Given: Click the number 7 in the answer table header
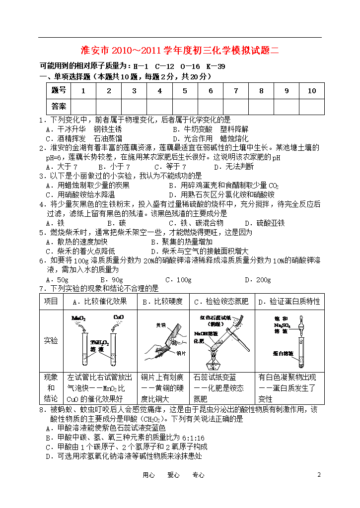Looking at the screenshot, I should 236,91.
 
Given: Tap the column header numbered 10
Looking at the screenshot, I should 311,91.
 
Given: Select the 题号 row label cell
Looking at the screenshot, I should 58,91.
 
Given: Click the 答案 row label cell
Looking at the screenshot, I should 58,106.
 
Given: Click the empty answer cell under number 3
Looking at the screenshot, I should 134,106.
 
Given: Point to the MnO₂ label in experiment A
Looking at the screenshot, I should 78,317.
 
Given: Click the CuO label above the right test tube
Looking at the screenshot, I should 119,317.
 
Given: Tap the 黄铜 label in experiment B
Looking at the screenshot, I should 160,325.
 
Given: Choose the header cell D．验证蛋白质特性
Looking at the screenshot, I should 289,301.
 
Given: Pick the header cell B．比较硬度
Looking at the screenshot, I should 162,301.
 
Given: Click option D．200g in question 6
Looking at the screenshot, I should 258,280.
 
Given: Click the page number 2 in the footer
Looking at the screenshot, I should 319,475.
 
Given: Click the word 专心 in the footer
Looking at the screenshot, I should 198,475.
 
